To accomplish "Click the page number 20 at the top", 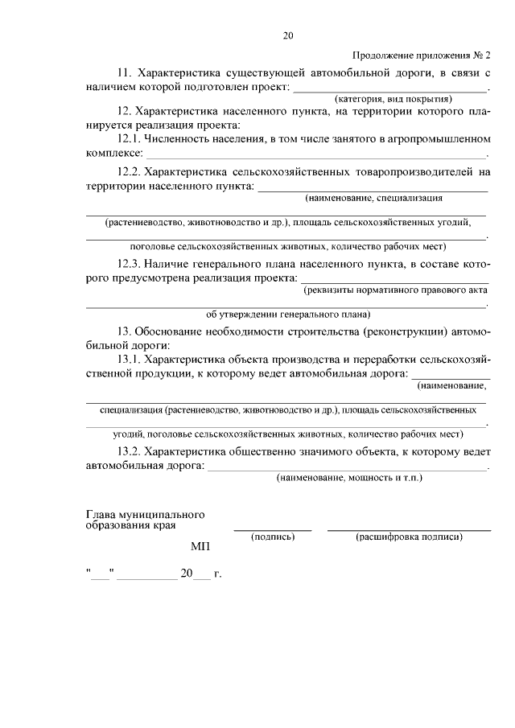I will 288,35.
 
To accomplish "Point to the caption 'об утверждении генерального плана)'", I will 288,315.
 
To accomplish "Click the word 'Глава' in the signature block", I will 100,514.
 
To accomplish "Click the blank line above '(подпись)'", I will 273,529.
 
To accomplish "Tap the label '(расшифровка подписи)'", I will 409,537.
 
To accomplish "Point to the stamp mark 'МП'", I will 200,547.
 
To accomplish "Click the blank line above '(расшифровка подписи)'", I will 409,529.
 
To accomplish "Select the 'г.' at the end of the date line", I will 216,574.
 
